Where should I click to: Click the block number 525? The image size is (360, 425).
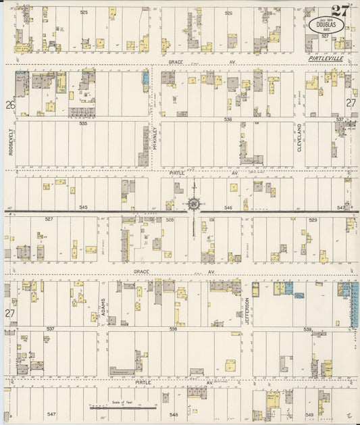tap(84, 13)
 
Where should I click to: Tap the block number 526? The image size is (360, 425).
tap(228, 13)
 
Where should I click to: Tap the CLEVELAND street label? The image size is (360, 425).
tap(299, 137)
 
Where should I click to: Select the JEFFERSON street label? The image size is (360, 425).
tap(247, 311)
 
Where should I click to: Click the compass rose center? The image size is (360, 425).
tap(194, 203)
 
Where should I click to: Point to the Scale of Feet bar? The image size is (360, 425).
tap(124, 407)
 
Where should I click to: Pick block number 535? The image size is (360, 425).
tap(84, 124)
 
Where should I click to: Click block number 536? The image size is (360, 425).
tap(228, 120)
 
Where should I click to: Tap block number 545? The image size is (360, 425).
tap(84, 207)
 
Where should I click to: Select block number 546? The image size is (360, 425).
tap(228, 207)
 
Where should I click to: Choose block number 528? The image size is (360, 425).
tap(170, 220)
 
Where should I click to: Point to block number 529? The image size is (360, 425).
tap(313, 220)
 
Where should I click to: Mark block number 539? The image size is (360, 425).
tap(307, 329)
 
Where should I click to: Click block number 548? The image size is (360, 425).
tap(174, 414)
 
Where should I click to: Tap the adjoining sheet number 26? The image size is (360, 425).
tap(9, 105)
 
